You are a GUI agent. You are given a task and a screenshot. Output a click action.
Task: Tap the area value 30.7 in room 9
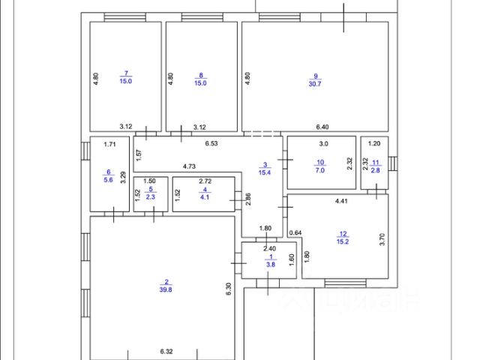pos(316,82)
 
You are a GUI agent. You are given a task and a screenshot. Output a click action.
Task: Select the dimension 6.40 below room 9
pos(322,127)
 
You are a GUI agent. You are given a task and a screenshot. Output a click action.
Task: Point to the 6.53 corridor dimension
pos(211,142)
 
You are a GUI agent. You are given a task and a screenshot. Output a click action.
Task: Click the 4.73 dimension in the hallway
pos(190,166)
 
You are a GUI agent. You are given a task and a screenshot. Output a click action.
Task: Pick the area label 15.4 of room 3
pos(264,172)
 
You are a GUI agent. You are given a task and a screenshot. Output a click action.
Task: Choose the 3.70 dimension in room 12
pos(381,240)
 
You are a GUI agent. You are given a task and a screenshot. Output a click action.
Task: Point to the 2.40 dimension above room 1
pos(268,248)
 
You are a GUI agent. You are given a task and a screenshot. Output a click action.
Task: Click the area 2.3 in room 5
pos(150,196)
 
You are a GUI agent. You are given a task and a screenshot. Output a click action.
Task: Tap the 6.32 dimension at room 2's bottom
pos(166,351)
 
